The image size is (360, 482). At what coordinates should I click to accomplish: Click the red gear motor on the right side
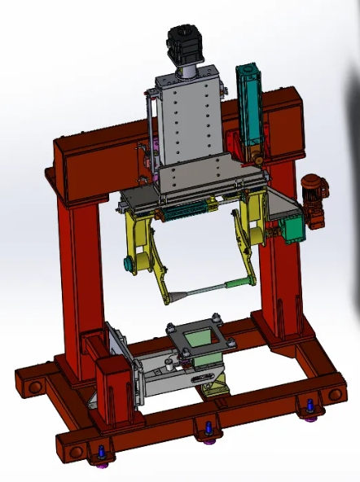pyautogui.click(x=313, y=196)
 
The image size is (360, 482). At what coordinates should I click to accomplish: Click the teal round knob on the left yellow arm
pyautogui.click(x=128, y=262)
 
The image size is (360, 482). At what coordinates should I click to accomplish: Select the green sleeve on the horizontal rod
pyautogui.click(x=235, y=283)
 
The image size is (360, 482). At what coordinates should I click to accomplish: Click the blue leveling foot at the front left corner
pyautogui.click(x=101, y=454)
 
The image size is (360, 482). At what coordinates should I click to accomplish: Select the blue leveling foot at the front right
pyautogui.click(x=309, y=406)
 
